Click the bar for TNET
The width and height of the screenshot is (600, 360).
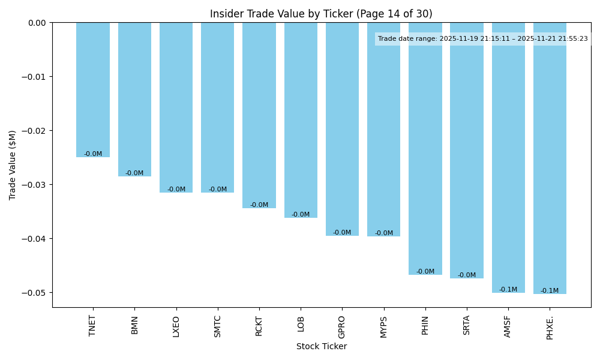[x=93, y=90]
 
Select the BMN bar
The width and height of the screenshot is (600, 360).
[x=134, y=100]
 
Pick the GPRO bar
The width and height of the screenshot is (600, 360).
[x=342, y=129]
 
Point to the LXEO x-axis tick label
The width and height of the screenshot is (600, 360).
[x=176, y=326]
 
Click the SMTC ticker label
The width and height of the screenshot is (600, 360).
[x=218, y=326]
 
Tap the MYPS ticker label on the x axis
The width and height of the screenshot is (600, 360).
[x=384, y=326]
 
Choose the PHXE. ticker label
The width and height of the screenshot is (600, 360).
[x=550, y=326]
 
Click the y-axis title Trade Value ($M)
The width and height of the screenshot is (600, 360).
[x=12, y=165]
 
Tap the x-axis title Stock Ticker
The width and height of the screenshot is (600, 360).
[x=321, y=347]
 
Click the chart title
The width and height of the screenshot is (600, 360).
[x=321, y=14]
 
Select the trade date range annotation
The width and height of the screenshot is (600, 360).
[x=482, y=39]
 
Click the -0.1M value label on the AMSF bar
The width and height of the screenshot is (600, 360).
[x=508, y=290]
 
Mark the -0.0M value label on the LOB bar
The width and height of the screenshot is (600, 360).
[x=301, y=215]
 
